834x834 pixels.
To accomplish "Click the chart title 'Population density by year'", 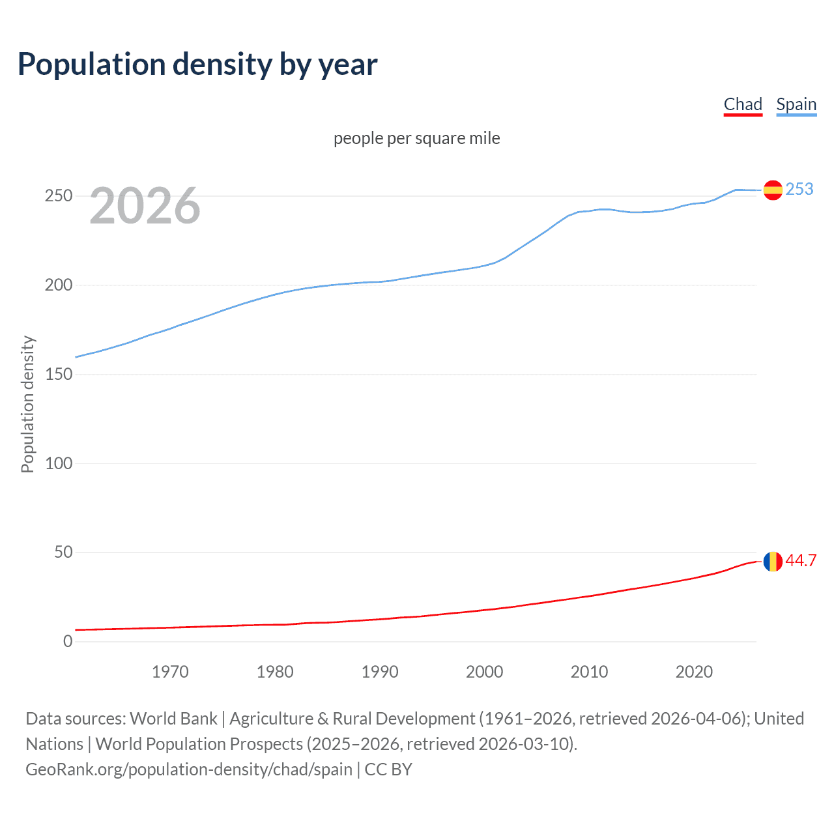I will click(197, 65).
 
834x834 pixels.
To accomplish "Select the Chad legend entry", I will click(743, 105).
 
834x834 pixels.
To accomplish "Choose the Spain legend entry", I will click(796, 105).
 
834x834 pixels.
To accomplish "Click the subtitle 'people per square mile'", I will click(416, 139).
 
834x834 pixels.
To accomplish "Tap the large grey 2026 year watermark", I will click(145, 207).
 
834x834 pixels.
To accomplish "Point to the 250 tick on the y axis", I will click(59, 196).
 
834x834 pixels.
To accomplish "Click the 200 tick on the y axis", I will click(59, 285).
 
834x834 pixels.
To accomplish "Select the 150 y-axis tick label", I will click(59, 375).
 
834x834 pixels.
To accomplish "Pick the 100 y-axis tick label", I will click(59, 463).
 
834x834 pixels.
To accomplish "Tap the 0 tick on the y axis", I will click(68, 642).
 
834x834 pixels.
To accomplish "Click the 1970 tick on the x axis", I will click(170, 672).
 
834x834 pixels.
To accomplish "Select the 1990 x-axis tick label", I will click(380, 672).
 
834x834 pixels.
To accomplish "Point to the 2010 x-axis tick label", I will click(589, 672).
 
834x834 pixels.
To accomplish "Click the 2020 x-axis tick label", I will click(694, 672).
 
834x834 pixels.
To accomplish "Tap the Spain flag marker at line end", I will click(773, 190).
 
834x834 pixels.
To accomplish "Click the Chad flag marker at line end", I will click(773, 561).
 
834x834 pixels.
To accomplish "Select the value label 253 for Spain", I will click(799, 189).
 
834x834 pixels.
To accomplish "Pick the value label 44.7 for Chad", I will click(801, 561).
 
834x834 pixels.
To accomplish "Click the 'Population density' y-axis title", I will click(27, 404).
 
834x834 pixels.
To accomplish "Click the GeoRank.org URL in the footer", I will click(189, 769).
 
